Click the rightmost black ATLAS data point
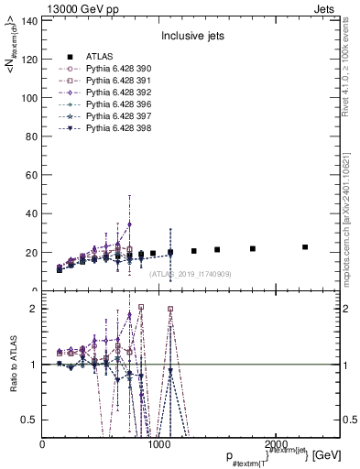point(305,247)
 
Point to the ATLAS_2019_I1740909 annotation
point(191,274)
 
